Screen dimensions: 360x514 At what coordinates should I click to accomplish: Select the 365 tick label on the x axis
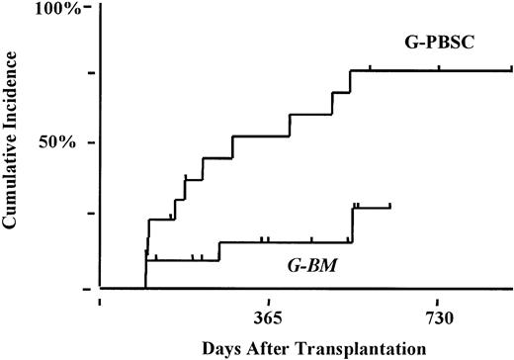tap(269, 318)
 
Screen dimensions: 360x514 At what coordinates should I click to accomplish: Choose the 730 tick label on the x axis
tap(438, 318)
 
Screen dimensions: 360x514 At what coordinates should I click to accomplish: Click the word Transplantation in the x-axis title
tap(340, 348)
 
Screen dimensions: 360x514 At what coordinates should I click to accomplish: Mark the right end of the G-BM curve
tap(391, 207)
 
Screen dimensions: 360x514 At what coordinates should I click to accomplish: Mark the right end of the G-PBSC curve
tap(512, 70)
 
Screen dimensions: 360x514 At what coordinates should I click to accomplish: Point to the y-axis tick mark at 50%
tap(90, 142)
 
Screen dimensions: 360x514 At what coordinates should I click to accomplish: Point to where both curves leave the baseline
tap(145, 287)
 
